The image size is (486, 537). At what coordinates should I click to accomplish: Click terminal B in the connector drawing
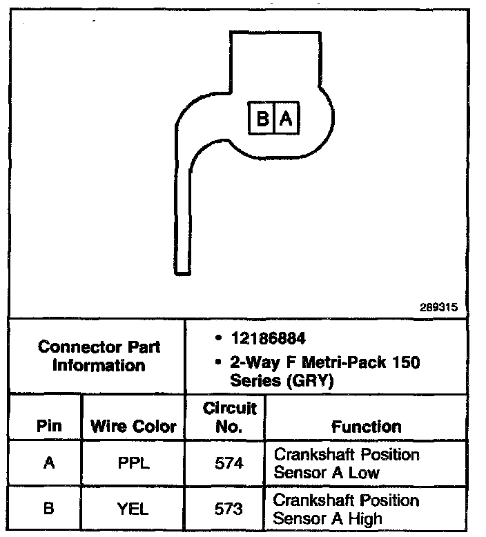pyautogui.click(x=262, y=119)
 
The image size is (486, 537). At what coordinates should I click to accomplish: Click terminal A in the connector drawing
pyautogui.click(x=286, y=119)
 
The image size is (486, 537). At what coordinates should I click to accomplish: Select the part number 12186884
pyautogui.click(x=269, y=340)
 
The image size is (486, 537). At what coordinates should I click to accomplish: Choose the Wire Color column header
pyautogui.click(x=134, y=427)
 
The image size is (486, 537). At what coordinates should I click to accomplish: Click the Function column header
pyautogui.click(x=366, y=427)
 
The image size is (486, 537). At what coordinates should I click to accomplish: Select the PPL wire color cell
pyautogui.click(x=134, y=464)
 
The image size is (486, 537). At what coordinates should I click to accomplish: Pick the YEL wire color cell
pyautogui.click(x=134, y=509)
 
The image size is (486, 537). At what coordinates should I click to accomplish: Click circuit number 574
pyautogui.click(x=229, y=464)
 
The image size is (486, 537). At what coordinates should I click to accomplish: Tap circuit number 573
pyautogui.click(x=229, y=509)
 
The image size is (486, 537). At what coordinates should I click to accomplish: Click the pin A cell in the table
pyautogui.click(x=48, y=464)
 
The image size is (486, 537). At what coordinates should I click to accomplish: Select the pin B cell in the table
pyautogui.click(x=48, y=509)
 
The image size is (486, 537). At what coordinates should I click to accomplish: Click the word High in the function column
pyautogui.click(x=366, y=518)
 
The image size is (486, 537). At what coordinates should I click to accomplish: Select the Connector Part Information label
pyautogui.click(x=99, y=355)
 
